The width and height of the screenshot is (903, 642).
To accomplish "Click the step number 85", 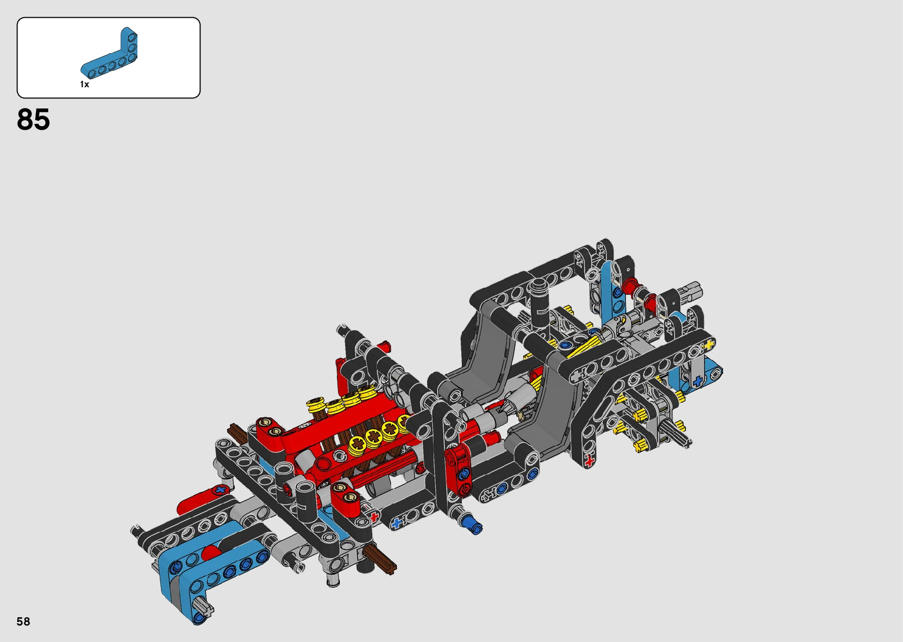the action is pyautogui.click(x=33, y=119).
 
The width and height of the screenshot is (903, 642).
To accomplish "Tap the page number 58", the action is pyautogui.click(x=24, y=621).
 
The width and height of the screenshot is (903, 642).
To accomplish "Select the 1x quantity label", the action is pyautogui.click(x=84, y=84).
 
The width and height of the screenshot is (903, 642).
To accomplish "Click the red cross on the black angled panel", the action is pyautogui.click(x=589, y=460).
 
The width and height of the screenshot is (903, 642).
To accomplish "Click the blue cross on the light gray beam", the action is pyautogui.click(x=697, y=380).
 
